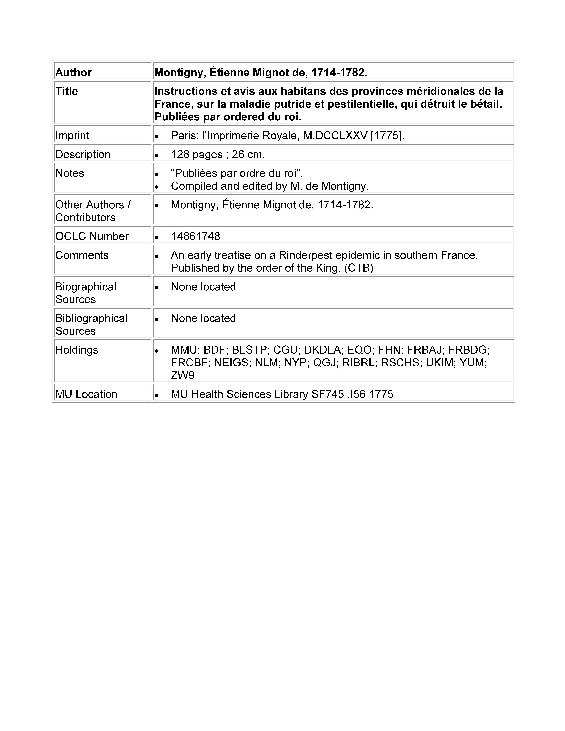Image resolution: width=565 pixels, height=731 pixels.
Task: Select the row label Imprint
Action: tap(72, 136)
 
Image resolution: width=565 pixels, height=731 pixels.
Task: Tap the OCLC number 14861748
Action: tap(195, 236)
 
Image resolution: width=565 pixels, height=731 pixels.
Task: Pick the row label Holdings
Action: tap(77, 350)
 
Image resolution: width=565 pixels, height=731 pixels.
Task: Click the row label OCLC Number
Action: tap(92, 236)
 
